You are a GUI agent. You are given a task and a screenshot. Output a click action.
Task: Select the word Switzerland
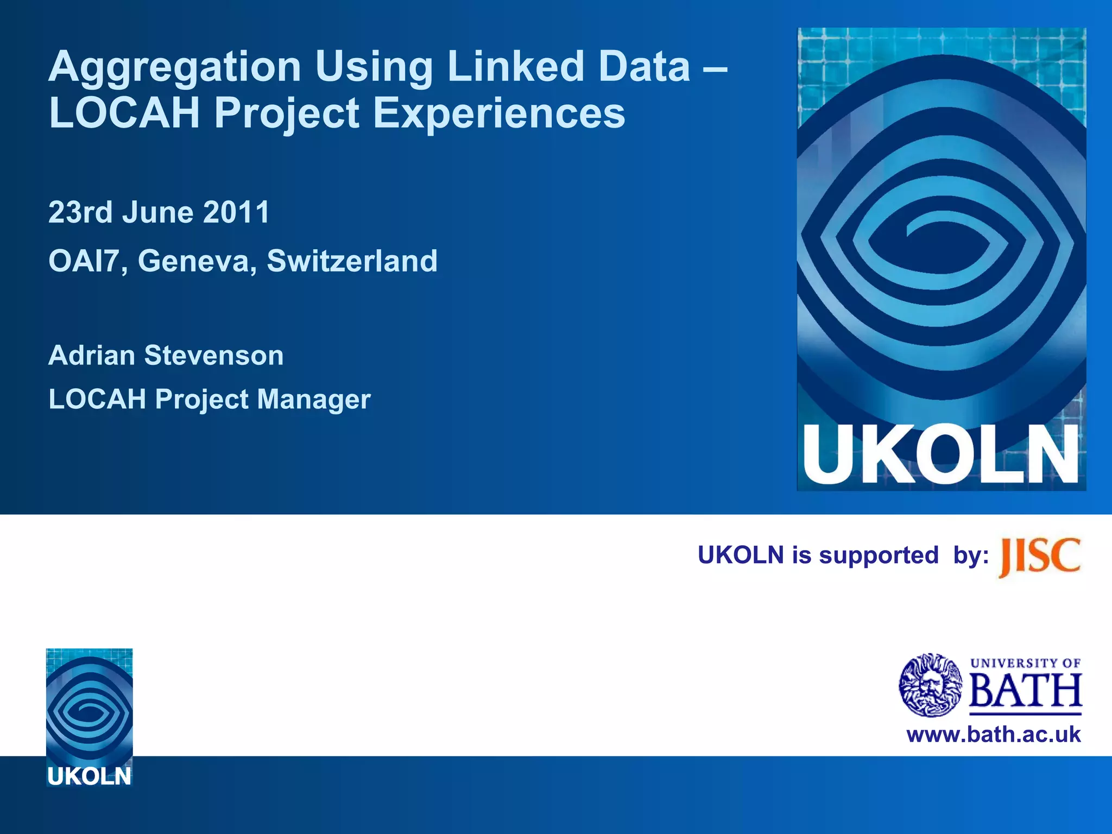(x=352, y=261)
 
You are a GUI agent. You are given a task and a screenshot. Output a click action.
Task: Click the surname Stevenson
(x=213, y=356)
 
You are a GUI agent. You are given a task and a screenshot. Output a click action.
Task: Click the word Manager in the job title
(x=314, y=400)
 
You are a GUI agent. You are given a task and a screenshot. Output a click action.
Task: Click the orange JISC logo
(x=1039, y=557)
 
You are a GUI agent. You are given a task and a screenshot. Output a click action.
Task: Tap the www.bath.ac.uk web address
(x=993, y=735)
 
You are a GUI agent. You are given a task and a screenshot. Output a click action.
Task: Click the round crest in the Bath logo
(x=931, y=685)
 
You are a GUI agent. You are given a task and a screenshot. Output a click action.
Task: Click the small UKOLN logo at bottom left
(x=90, y=717)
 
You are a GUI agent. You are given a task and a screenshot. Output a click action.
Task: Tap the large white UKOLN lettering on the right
(x=940, y=455)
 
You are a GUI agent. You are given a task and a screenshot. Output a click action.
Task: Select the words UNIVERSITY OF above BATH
(x=1025, y=663)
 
